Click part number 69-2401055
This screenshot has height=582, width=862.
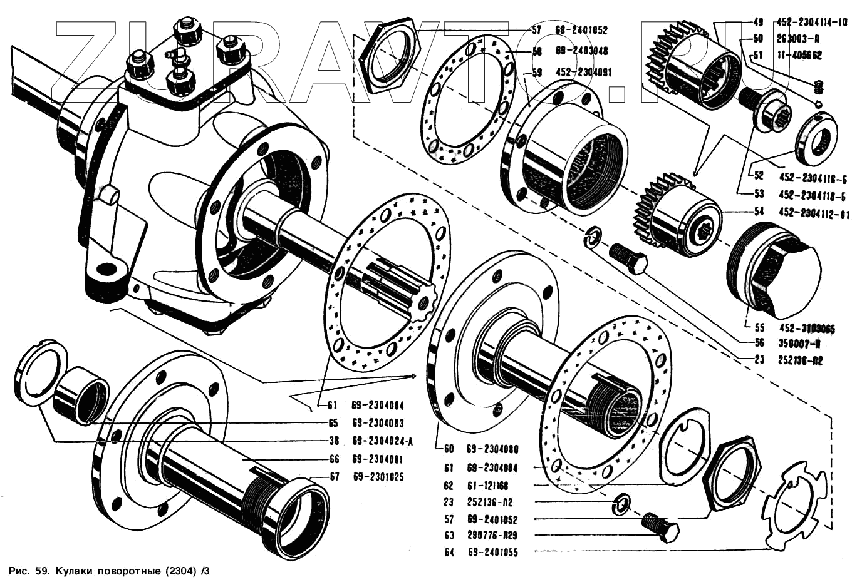coord(492,553)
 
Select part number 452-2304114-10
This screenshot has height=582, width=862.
coord(813,22)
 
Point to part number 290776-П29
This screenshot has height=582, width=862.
coord(492,536)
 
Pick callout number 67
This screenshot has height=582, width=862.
coord(335,477)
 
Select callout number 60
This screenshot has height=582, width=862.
coord(449,449)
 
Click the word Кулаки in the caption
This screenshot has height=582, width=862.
coord(75,571)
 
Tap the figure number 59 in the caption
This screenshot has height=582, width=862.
coord(42,571)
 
